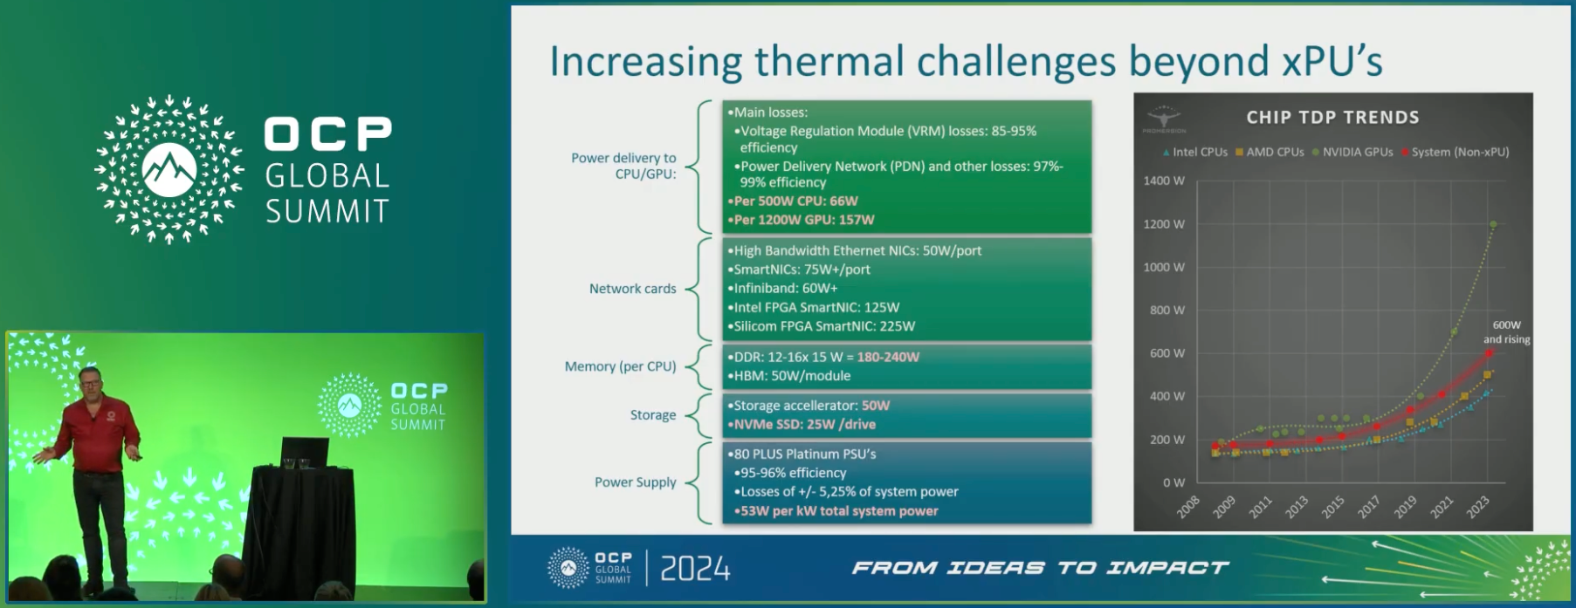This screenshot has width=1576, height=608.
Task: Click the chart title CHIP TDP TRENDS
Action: point(1332,117)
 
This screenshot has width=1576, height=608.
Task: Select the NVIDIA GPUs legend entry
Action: point(1352,152)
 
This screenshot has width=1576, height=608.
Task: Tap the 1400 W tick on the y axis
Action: point(1164,181)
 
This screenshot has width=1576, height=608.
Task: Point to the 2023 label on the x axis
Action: point(1477,507)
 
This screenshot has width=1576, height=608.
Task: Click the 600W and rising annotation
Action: point(1506,331)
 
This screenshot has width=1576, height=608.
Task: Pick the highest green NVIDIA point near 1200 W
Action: point(1493,224)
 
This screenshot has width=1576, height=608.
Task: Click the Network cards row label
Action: point(632,289)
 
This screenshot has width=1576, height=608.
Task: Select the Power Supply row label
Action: point(635,482)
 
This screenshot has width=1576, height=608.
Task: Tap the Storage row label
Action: point(653,415)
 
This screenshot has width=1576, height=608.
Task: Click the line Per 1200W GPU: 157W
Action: point(801,220)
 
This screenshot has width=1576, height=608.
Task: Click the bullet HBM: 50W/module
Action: point(788,376)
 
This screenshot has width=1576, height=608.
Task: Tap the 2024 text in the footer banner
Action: point(695,569)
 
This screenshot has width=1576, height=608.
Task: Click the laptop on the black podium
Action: point(305,453)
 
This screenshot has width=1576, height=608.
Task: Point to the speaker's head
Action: point(91,379)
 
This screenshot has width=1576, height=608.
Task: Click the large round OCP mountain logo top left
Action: point(169,169)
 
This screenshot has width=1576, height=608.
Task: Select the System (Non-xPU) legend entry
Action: point(1456,152)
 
